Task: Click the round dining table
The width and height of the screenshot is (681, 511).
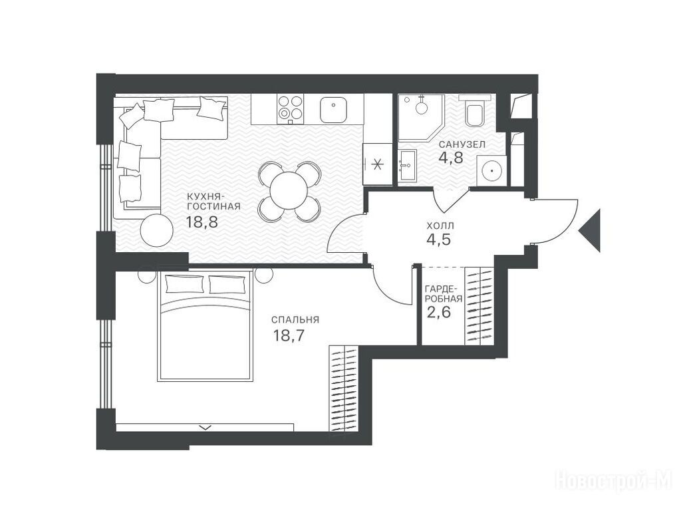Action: (289, 191)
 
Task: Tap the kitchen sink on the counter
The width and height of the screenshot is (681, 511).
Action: (333, 110)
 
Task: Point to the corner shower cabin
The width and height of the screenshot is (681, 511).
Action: (420, 118)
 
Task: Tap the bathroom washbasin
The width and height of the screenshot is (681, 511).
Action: (407, 166)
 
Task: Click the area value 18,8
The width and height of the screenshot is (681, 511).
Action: (202, 222)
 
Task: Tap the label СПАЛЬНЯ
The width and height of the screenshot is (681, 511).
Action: (295, 320)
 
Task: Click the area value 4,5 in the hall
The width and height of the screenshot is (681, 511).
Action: (439, 239)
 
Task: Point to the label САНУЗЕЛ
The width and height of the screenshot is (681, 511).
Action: (462, 144)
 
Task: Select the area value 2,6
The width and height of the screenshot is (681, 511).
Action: (439, 312)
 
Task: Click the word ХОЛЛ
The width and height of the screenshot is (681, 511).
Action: (440, 226)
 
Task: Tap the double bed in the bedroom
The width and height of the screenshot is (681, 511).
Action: (205, 325)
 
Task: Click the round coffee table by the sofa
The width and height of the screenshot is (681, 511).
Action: (157, 230)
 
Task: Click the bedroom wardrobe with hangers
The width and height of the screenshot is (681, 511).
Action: (344, 389)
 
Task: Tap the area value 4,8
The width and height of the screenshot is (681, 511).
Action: (451, 157)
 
